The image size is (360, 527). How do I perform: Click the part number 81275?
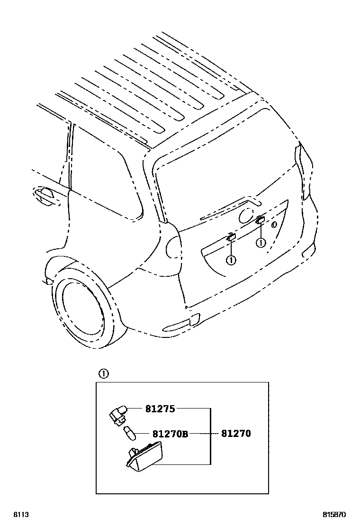160,409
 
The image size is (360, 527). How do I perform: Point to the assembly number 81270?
236,434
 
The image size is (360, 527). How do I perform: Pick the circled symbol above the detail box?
103,373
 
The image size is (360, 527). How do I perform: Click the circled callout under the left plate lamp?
231,259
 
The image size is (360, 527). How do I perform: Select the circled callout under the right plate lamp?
260,243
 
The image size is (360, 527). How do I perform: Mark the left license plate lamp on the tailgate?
231,237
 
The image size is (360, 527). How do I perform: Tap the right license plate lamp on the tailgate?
260,219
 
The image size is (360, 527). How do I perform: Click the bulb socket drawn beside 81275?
118,414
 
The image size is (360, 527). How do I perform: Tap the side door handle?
45,195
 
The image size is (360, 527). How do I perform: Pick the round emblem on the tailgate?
246,216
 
